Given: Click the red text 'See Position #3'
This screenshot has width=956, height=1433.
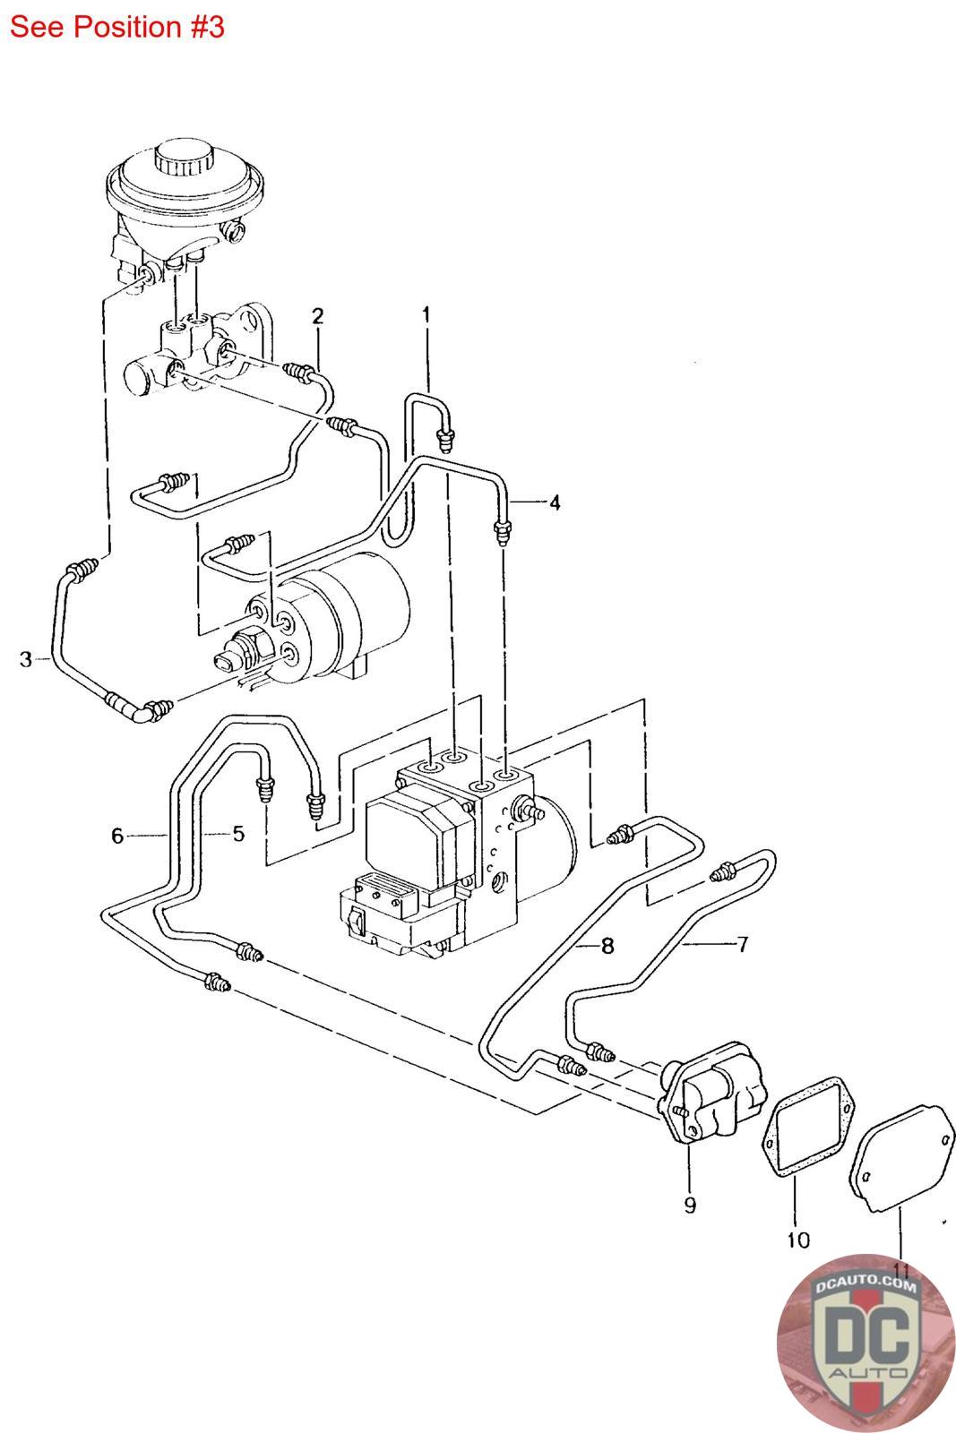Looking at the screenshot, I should point(116,27).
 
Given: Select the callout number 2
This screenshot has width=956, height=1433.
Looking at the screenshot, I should point(317,315).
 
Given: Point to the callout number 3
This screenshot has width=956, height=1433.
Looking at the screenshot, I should point(26,659).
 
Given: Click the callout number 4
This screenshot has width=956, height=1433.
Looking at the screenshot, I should point(555,502).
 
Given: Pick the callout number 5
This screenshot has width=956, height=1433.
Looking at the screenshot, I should point(238,833).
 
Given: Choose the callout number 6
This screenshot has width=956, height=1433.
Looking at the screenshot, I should point(117,836).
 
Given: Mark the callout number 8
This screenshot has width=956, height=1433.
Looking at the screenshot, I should point(607,945).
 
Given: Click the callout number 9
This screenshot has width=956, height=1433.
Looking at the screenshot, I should point(690,1206).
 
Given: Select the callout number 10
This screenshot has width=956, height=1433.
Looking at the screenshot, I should point(797,1240).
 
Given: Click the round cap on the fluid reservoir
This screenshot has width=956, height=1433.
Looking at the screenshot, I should point(182,161).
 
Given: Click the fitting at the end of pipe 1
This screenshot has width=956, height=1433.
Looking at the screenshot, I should point(443,438).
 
